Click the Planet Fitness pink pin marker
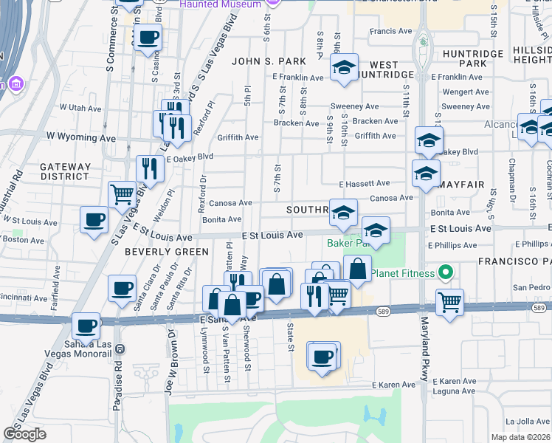445,274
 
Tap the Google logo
24,434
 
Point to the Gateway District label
65,172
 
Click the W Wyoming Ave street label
81,137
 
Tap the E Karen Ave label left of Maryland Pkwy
394,385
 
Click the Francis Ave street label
390,32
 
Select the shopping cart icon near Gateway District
122,195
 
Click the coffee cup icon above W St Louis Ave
94,219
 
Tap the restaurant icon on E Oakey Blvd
150,168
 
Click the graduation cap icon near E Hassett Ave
426,174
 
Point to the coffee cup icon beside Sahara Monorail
86,325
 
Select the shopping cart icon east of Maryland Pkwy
449,301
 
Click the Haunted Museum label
221,4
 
